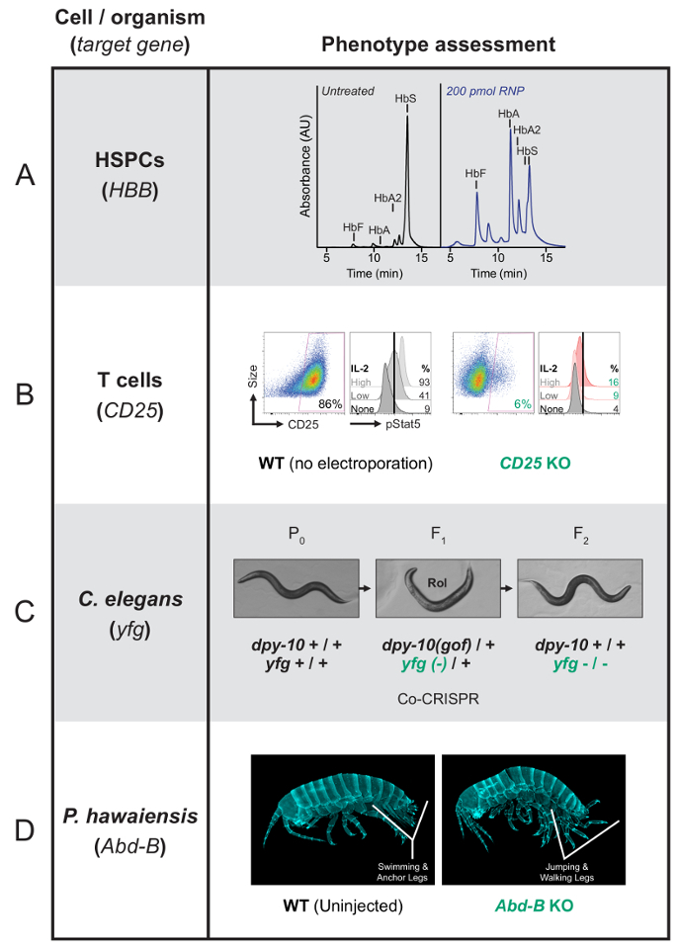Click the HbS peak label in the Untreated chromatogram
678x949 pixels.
(405, 98)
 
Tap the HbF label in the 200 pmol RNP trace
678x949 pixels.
(475, 174)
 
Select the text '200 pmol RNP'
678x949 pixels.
(485, 91)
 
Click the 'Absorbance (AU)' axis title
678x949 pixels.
(305, 165)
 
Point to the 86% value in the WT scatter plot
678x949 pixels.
(330, 403)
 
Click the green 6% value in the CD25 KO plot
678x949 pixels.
(523, 404)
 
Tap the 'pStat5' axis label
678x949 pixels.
(403, 424)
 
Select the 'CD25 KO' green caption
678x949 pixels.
(535, 464)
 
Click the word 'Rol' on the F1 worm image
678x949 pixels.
(437, 583)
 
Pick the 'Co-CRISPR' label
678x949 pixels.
(438, 699)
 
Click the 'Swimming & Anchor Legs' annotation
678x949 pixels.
(402, 872)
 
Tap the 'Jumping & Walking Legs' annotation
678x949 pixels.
(567, 872)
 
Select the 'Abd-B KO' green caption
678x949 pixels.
(535, 906)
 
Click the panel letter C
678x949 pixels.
(25, 612)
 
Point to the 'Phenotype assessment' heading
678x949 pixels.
(438, 44)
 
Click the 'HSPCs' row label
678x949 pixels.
(129, 160)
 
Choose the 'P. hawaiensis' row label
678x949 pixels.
(130, 816)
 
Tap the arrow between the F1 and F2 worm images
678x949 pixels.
(508, 587)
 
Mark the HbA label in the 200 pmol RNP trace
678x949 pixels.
(508, 114)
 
